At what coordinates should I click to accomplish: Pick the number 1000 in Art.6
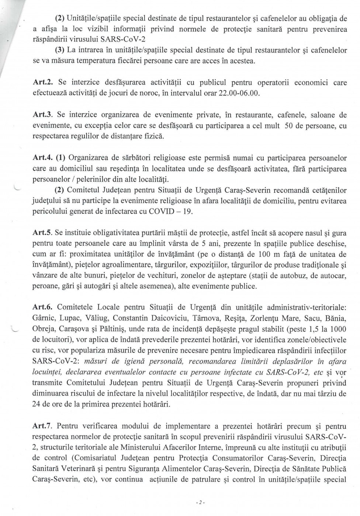pos(338,329)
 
